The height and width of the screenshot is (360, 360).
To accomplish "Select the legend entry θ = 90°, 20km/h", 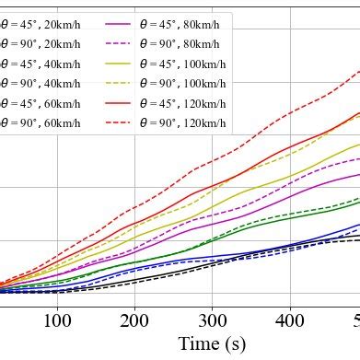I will (41, 43).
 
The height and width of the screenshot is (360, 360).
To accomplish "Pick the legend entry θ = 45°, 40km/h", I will (41, 64).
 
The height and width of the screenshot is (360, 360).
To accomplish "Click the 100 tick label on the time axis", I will (57, 320).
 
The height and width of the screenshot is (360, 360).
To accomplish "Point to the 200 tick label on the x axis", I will (135, 320).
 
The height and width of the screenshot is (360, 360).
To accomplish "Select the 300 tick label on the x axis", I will (213, 320).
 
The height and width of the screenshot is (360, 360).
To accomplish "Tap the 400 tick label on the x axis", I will (290, 320).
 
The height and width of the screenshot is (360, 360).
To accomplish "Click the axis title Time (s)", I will (213, 344).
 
